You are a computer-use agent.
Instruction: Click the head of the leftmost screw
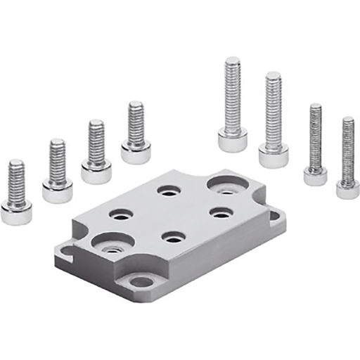tap(15, 212)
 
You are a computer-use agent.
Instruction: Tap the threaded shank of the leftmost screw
tap(15, 179)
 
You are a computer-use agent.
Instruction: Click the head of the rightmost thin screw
tap(347, 189)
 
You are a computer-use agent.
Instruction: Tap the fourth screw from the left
tap(136, 134)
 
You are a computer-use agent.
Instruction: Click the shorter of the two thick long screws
tap(274, 120)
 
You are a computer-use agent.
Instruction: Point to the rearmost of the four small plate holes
tap(169, 190)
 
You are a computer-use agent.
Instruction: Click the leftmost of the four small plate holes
tap(122, 213)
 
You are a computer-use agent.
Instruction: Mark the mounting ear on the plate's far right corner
tap(276, 216)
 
